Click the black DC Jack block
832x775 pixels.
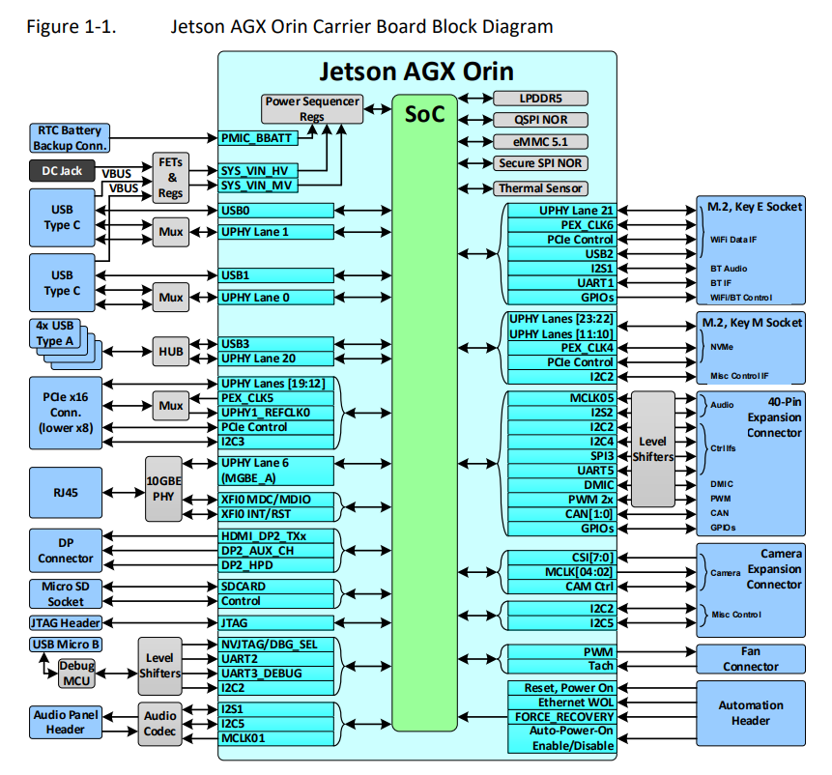[x=62, y=171]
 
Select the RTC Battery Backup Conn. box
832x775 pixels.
[x=70, y=138]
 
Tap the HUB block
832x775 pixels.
[x=171, y=351]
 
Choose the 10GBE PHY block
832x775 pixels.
[x=163, y=489]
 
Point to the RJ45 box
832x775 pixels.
[x=66, y=492]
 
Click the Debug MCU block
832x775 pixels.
[x=77, y=674]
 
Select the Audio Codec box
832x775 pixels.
[x=159, y=724]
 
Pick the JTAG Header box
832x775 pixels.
[x=66, y=622]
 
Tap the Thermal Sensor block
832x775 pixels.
[x=541, y=188]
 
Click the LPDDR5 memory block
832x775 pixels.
[x=541, y=99]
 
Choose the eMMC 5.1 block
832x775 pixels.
[x=541, y=142]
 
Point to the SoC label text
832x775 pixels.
[x=424, y=114]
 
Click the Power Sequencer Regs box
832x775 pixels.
[x=312, y=109]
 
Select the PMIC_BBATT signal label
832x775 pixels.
[x=258, y=138]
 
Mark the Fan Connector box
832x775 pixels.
[x=750, y=659]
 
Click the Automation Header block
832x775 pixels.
[x=750, y=713]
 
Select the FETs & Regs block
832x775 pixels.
[x=171, y=178]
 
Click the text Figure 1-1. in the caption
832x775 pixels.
[x=72, y=26]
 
